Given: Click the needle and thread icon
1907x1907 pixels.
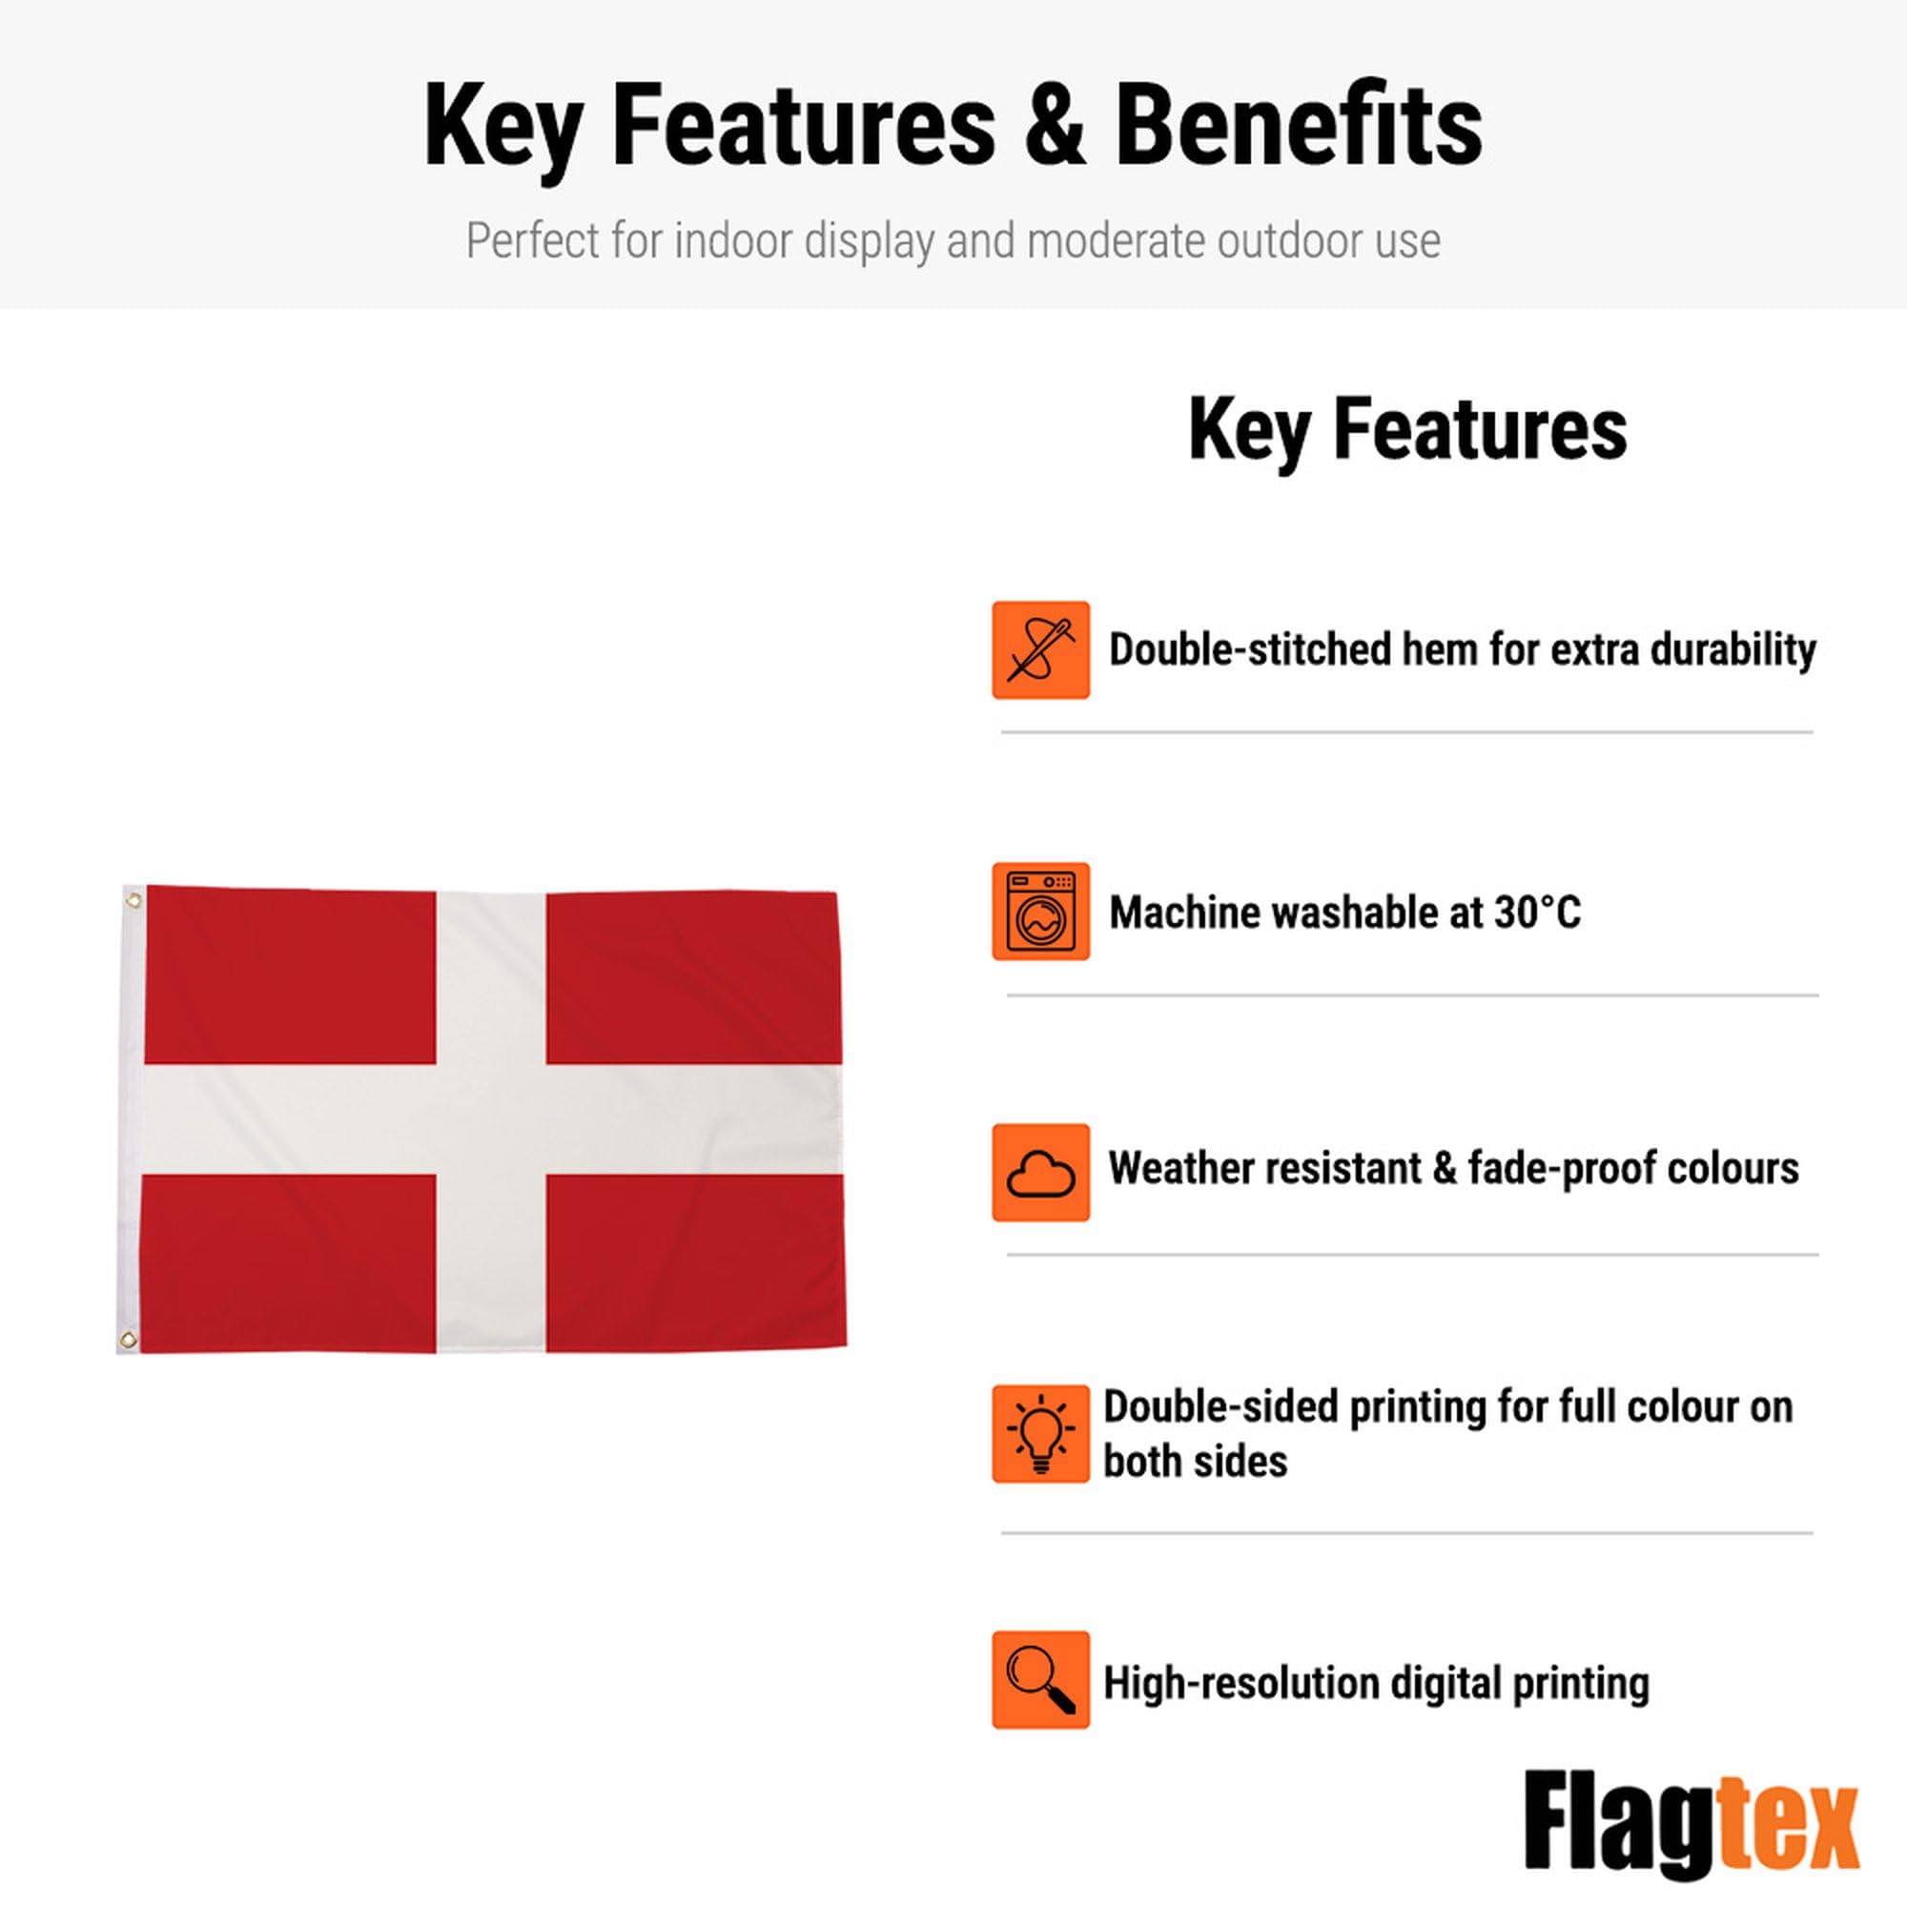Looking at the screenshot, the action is tap(1040, 650).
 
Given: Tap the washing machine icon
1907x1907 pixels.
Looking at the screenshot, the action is tap(1040, 911).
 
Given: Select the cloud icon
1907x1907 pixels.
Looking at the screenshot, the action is tap(1040, 1173).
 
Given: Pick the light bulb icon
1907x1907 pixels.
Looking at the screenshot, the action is tap(1040, 1434).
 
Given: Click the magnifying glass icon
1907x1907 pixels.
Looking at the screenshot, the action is tap(1040, 1680).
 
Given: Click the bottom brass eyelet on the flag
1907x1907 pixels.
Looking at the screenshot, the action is tap(128, 1340).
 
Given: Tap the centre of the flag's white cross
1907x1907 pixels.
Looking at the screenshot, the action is tap(490, 1119).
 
